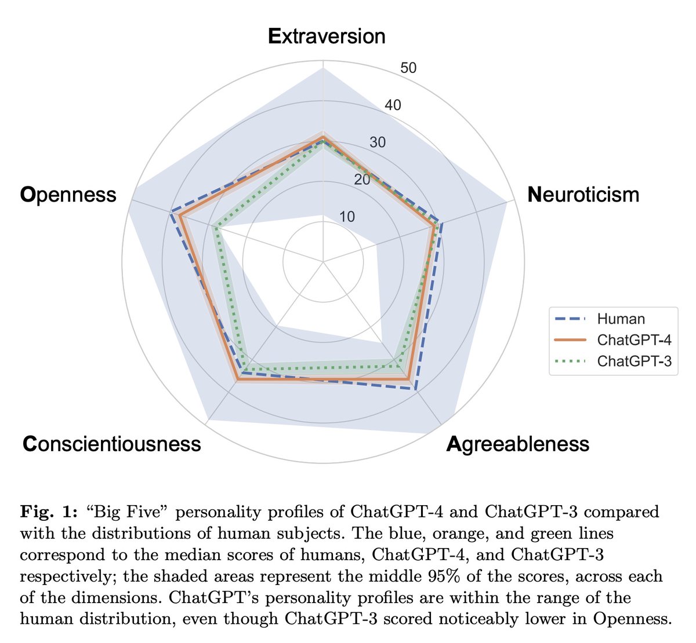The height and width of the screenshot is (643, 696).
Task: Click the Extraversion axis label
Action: click(x=327, y=36)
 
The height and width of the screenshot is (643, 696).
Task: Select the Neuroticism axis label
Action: click(x=583, y=195)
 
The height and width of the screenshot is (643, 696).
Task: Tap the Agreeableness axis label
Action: click(x=518, y=444)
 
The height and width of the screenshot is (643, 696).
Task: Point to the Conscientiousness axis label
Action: click(x=112, y=444)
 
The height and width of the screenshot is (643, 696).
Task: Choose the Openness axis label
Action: click(x=68, y=195)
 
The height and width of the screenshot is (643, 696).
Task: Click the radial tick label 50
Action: click(x=408, y=68)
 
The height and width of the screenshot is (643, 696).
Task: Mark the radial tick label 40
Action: click(x=393, y=105)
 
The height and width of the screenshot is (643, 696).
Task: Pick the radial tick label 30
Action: click(x=378, y=143)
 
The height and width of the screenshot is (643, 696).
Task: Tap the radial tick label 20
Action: click(x=362, y=180)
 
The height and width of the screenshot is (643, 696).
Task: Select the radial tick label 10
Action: click(x=347, y=217)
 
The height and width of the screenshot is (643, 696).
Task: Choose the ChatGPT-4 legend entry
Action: click(x=634, y=340)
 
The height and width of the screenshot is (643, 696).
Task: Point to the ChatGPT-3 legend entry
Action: click(x=634, y=361)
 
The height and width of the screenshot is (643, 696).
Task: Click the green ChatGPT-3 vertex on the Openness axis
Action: click(x=216, y=228)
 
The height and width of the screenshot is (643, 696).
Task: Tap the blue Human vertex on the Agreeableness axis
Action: click(x=417, y=389)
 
